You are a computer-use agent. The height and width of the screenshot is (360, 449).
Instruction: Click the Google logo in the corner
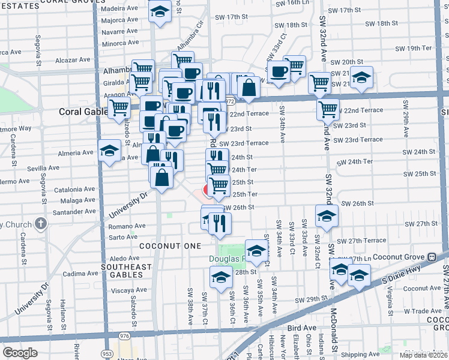click(x=20, y=353)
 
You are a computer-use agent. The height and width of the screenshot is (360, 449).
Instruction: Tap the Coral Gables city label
click(x=82, y=112)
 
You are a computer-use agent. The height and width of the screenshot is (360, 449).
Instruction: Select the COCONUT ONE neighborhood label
click(x=170, y=247)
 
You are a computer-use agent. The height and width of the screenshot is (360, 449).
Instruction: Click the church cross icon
click(x=41, y=224)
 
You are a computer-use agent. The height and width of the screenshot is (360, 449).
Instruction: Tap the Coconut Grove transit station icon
click(x=431, y=256)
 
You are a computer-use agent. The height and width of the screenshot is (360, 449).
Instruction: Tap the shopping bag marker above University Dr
click(x=162, y=177)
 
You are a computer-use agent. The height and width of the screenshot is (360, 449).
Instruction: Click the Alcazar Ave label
click(x=72, y=61)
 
